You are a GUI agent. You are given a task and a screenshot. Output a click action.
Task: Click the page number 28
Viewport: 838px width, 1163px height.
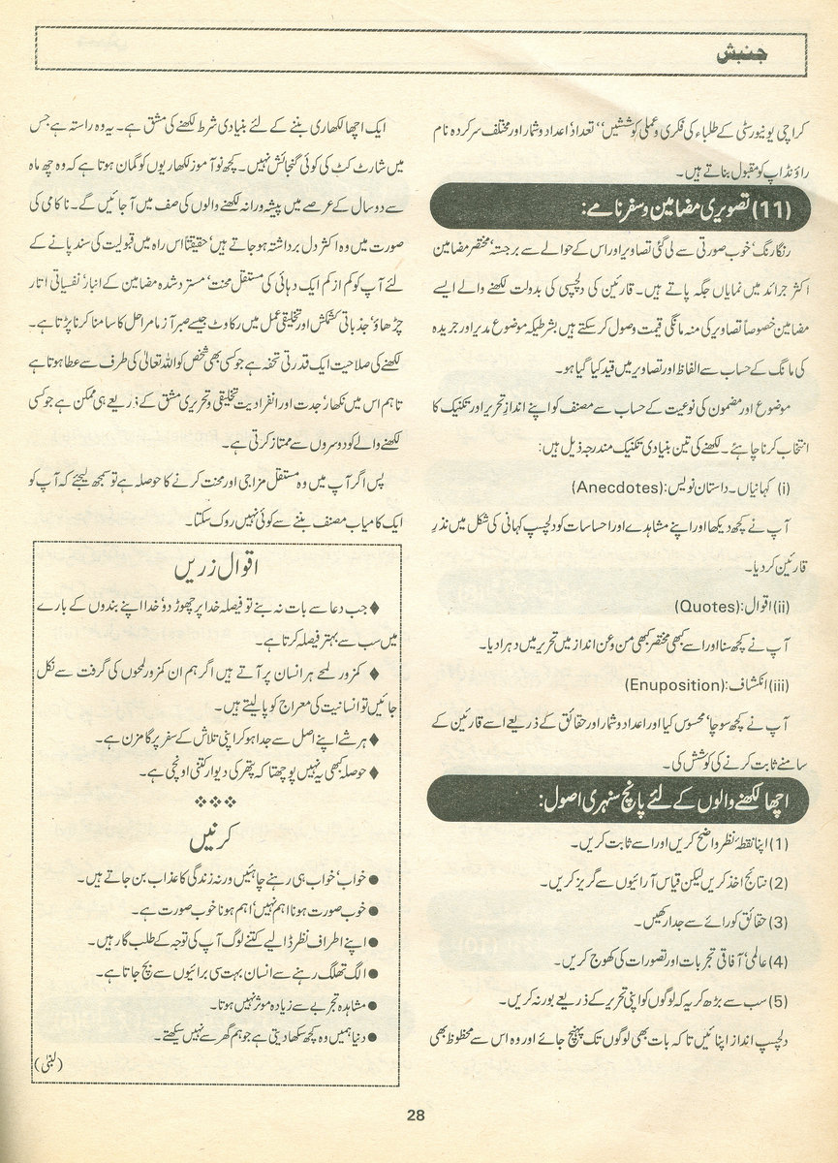(x=417, y=1115)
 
